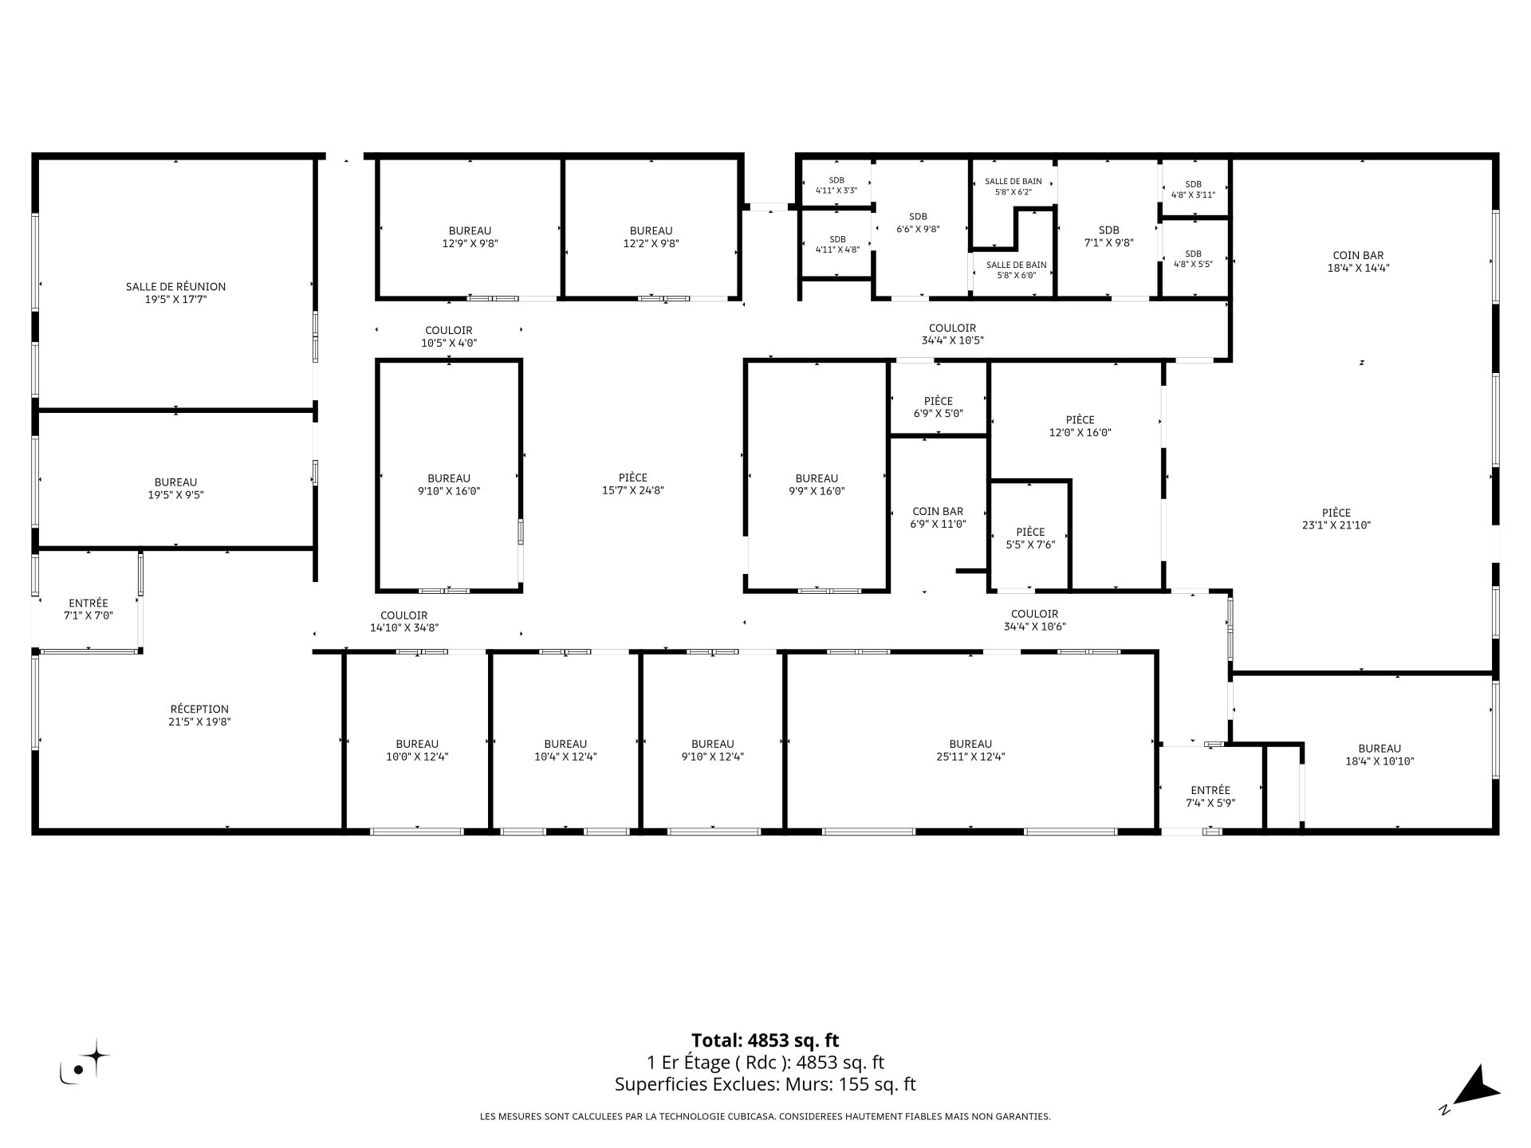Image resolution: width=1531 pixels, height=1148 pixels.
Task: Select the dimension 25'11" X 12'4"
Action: [970, 757]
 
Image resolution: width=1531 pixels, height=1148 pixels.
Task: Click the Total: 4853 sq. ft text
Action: [765, 1040]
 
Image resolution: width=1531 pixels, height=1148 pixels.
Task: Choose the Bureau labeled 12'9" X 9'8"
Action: [470, 237]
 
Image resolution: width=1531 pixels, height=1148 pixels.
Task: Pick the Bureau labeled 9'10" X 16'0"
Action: [449, 485]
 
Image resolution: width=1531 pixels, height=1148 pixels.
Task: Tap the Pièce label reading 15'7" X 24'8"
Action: [633, 484]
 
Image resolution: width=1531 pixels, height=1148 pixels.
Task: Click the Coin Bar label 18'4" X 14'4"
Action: [1358, 261]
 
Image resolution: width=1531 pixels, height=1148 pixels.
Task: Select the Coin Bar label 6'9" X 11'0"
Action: [938, 517]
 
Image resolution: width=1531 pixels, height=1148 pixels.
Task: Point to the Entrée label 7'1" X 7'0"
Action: [89, 609]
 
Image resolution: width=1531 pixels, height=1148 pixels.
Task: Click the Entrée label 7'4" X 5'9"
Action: [1210, 796]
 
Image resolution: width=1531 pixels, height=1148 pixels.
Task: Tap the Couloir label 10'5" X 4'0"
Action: [449, 336]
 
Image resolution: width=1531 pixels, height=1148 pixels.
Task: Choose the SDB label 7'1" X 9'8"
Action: [1109, 237]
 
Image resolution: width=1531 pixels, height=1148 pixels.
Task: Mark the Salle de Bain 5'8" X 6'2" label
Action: [1013, 187]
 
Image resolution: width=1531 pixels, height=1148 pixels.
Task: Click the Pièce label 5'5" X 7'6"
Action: [1030, 538]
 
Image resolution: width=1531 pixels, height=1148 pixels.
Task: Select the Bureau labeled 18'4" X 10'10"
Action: [1379, 755]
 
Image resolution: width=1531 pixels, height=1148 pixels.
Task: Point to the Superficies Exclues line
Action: [765, 1084]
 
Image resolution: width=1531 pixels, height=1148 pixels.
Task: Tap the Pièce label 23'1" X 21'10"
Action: [1336, 519]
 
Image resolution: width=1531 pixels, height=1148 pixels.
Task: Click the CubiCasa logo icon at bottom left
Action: [85, 1062]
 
